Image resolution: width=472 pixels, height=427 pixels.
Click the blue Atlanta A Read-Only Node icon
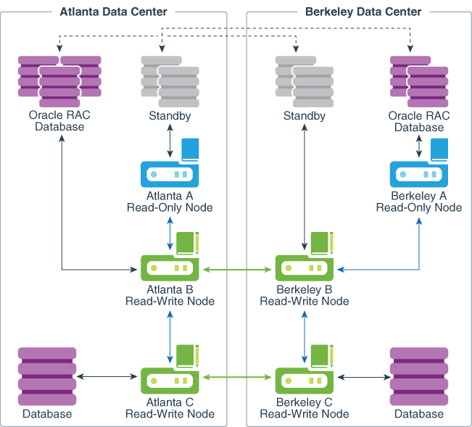pos(170,173)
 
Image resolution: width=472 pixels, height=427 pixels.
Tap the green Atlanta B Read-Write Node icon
pos(170,266)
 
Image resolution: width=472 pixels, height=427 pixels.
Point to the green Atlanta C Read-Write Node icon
pos(170,378)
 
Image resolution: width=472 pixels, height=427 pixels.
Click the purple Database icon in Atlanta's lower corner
pos(47,376)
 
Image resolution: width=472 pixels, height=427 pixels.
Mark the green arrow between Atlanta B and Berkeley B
pos(237,270)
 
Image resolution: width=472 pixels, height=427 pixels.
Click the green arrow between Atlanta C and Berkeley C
pos(237,377)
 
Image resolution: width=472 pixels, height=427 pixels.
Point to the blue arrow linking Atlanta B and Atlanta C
pos(170,339)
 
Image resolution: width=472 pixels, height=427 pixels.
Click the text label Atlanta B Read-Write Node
pos(170,296)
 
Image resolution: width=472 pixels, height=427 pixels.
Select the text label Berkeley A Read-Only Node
pos(419,202)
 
